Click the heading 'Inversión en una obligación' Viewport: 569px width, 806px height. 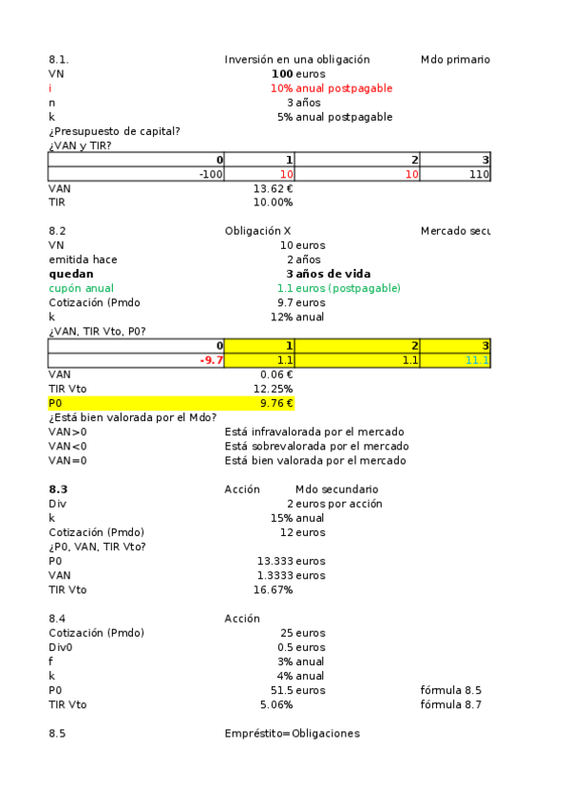pos(296,59)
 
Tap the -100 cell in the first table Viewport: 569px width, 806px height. pos(210,175)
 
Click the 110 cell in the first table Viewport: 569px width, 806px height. pos(479,175)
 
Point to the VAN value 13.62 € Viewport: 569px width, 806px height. pos(274,188)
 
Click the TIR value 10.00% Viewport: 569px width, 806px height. pos(274,202)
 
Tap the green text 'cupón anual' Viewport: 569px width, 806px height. pos(81,288)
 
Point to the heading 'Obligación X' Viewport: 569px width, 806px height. pos(257,231)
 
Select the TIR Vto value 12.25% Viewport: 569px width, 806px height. pos(274,389)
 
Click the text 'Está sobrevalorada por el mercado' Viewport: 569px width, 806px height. pos(316,446)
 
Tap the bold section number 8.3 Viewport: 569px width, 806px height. pos(58,489)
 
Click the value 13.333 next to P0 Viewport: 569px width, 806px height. pos(275,561)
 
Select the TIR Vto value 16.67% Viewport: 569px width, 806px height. pos(274,590)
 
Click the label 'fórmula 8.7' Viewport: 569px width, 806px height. pos(450,704)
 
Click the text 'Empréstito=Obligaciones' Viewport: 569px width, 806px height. pos(292,734)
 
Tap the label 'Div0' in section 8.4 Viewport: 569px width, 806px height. pos(60,647)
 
